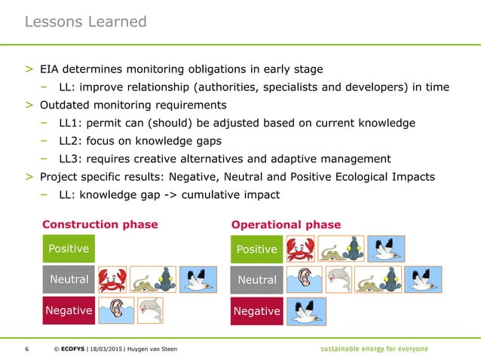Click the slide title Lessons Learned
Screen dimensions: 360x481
coord(85,22)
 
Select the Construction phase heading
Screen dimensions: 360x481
coord(100,224)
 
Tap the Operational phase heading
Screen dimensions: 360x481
coord(286,224)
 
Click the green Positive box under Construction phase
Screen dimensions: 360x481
coord(69,249)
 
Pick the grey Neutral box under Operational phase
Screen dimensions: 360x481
coord(257,280)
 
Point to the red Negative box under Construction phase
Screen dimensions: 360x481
coord(69,310)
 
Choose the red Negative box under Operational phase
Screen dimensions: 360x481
coord(257,311)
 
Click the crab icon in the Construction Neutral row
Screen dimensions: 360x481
coord(112,279)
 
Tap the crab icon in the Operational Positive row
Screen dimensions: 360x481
coord(300,249)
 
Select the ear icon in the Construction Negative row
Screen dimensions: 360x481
coord(116,310)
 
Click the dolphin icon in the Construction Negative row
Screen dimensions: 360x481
coord(150,310)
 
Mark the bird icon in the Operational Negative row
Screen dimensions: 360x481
coord(306,311)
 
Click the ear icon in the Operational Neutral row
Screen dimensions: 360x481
coord(304,280)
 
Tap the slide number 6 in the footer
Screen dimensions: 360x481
coord(27,349)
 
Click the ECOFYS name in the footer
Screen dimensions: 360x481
coord(69,349)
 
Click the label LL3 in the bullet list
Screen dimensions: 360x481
coord(81,159)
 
